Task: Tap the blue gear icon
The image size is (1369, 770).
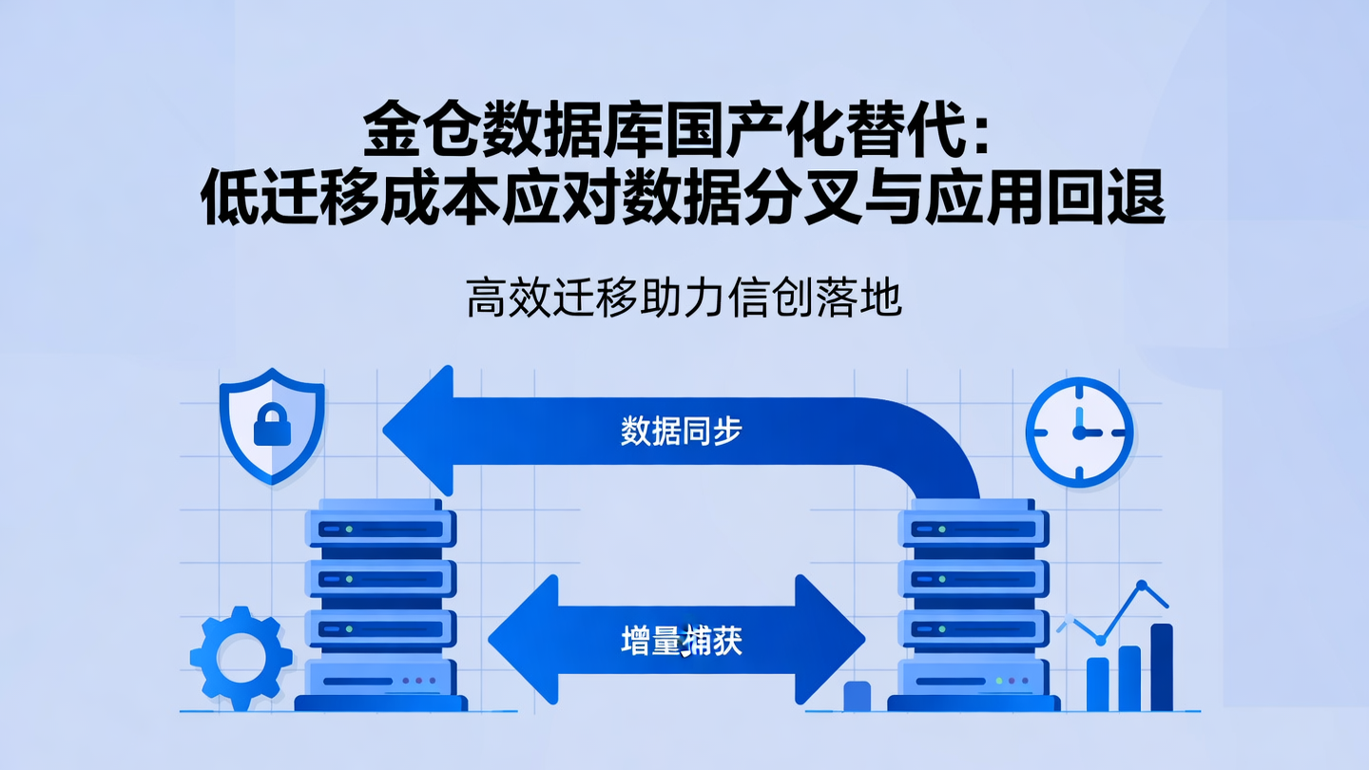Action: point(241,659)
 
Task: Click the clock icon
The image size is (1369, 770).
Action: point(1079,432)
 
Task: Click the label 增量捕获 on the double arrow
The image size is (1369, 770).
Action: point(681,641)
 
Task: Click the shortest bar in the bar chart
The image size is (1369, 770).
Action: point(1097,683)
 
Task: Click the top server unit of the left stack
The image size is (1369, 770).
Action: point(380,529)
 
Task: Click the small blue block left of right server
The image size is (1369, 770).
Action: point(857,696)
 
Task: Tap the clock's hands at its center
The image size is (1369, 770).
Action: point(1079,433)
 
